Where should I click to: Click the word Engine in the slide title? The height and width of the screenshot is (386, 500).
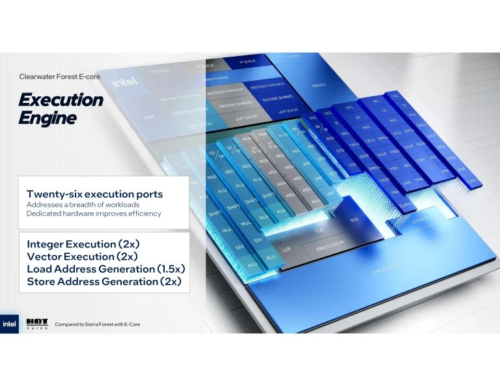(x=47, y=118)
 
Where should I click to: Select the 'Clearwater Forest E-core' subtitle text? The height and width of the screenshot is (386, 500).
(x=59, y=76)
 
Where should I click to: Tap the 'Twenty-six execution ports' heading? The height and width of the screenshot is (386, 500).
(x=94, y=194)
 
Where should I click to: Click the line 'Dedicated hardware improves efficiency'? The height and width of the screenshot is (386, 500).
(x=94, y=214)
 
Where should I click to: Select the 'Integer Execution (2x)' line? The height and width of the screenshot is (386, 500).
(x=83, y=244)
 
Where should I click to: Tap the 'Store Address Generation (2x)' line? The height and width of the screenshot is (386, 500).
(x=104, y=282)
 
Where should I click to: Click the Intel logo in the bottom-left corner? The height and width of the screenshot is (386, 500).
(x=10, y=324)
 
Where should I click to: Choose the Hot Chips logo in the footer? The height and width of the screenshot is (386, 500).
(x=36, y=324)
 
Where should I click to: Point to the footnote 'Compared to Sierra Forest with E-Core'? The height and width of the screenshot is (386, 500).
(x=98, y=324)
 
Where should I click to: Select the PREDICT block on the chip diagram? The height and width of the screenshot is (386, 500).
(x=319, y=85)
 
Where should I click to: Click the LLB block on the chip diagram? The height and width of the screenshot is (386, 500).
(x=286, y=249)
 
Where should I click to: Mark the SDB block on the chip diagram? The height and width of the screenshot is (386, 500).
(x=354, y=220)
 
